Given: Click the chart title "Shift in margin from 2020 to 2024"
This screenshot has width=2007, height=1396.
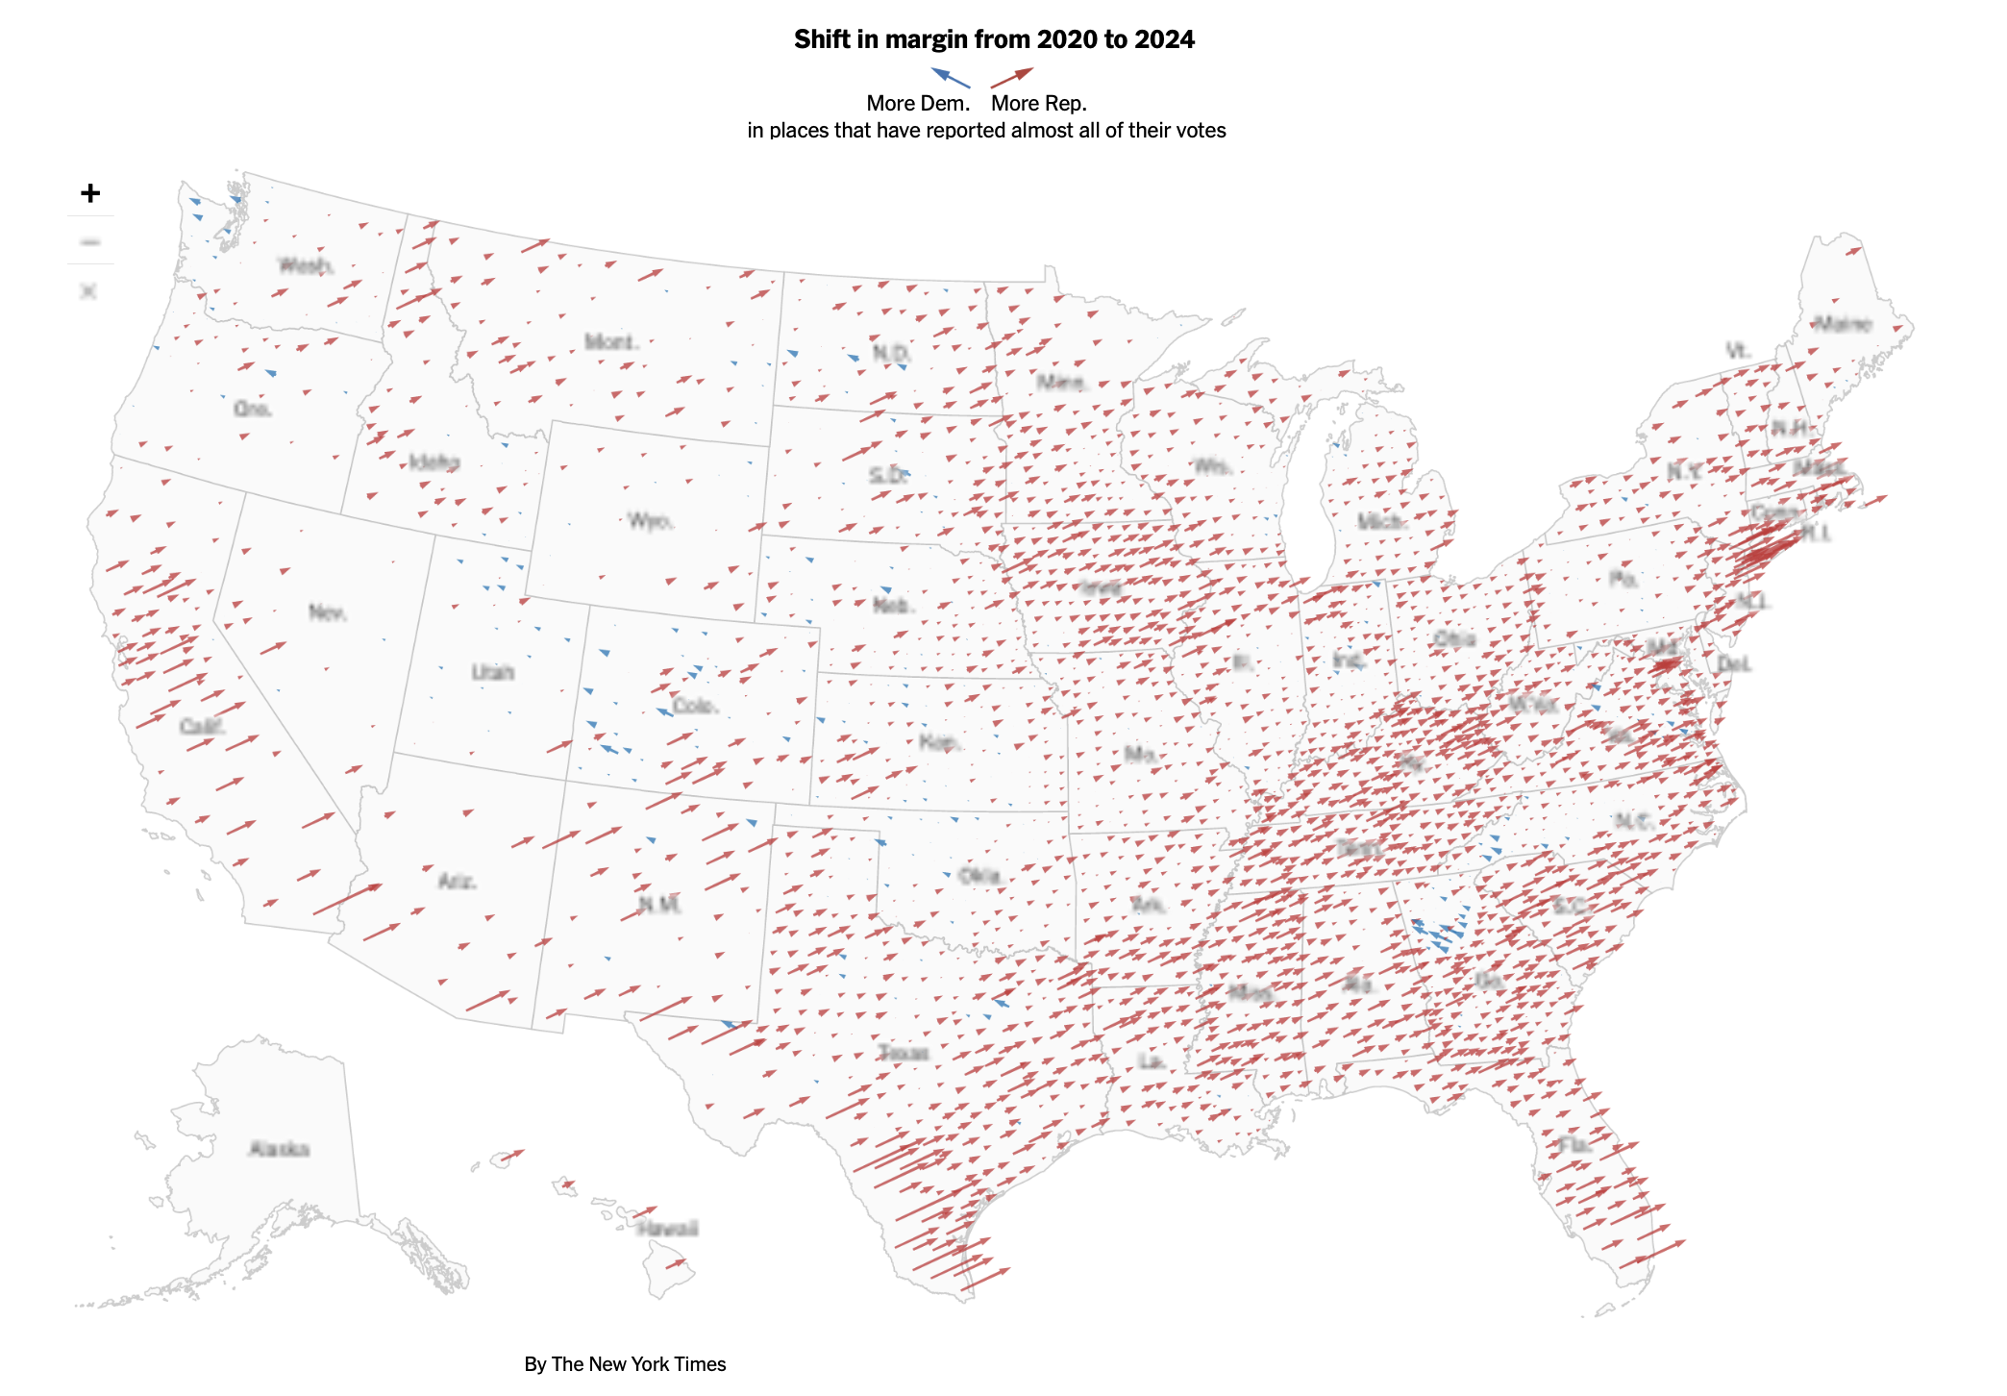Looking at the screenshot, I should click(x=994, y=39).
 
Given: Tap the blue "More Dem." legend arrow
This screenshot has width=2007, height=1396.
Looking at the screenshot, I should click(x=950, y=77).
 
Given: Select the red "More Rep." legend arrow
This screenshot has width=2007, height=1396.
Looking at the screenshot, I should click(x=1012, y=77).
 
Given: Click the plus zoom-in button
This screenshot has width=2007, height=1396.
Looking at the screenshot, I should click(x=90, y=193).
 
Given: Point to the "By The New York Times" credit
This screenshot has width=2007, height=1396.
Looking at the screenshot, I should click(x=625, y=1364).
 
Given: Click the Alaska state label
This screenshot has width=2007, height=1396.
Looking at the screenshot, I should click(x=279, y=1149).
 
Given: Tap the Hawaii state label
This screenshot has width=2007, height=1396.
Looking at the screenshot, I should click(x=667, y=1229).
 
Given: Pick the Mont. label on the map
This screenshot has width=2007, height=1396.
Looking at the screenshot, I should click(x=611, y=342).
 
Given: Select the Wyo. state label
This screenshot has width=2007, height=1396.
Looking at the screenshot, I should click(x=651, y=521).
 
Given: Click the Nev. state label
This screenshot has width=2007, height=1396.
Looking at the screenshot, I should click(x=328, y=612).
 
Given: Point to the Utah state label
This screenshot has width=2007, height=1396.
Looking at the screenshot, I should click(x=492, y=672).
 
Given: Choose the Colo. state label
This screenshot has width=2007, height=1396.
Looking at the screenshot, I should click(x=695, y=706).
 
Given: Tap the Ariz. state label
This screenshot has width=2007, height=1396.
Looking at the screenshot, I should click(x=457, y=881).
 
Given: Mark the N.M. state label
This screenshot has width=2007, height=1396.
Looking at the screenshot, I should click(x=660, y=905).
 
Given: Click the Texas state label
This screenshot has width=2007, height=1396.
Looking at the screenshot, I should click(x=904, y=1053).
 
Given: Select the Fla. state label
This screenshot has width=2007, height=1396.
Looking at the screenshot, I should click(x=1574, y=1144).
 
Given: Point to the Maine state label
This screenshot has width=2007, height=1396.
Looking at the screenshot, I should click(x=1842, y=324).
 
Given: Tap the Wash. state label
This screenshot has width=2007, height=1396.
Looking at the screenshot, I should click(x=306, y=265).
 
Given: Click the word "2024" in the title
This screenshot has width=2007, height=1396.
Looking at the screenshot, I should click(x=1164, y=39).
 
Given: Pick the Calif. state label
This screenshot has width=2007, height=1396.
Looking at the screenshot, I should click(x=202, y=726).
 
